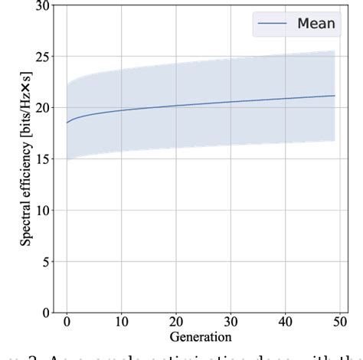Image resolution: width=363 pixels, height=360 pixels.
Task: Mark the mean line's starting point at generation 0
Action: coord(67,123)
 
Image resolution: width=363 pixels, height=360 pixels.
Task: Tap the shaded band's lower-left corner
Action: coord(67,159)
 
